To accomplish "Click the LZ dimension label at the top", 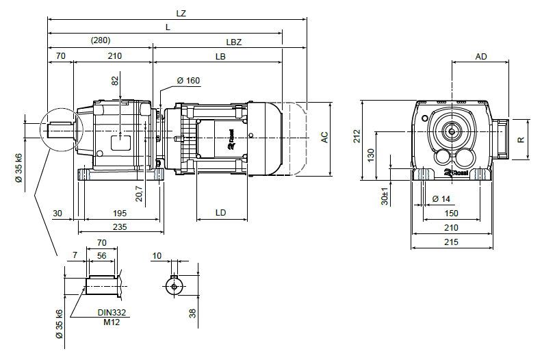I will pos(181,13).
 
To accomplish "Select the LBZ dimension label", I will pos(234,42).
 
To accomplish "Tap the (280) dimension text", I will pos(101,41).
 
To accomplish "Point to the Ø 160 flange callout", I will pos(188,81).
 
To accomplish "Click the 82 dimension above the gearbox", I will pos(116,81).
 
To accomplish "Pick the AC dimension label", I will pos(324,138).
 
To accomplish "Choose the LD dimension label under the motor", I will pos(221,213).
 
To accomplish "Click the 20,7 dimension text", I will pos(140,194).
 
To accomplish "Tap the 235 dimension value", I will pos(120,227).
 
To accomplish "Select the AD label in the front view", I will pos(481,57).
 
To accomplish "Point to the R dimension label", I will pos(521,139).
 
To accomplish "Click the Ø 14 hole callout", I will pos(442,199).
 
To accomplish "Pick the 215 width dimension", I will pos(451,242).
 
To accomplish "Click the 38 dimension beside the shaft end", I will pos(193,313).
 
